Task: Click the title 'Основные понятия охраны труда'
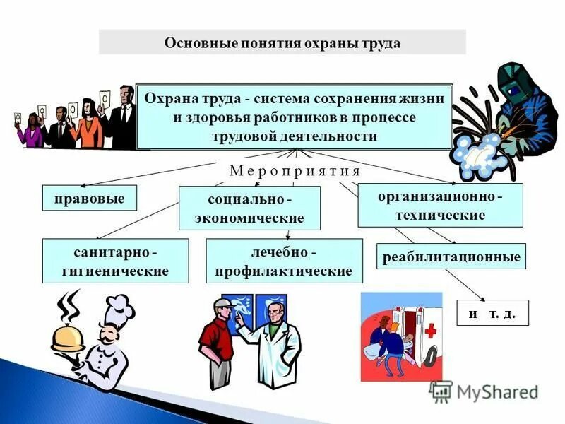click(282, 43)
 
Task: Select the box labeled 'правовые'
click(89, 199)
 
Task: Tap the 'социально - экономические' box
click(249, 208)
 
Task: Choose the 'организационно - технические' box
click(440, 205)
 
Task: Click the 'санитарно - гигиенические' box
click(115, 261)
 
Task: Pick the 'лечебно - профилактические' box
click(283, 261)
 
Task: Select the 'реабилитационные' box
click(451, 257)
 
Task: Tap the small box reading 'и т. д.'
click(492, 313)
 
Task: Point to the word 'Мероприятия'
click(295, 171)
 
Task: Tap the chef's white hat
click(117, 310)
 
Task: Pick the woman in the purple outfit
click(32, 131)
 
